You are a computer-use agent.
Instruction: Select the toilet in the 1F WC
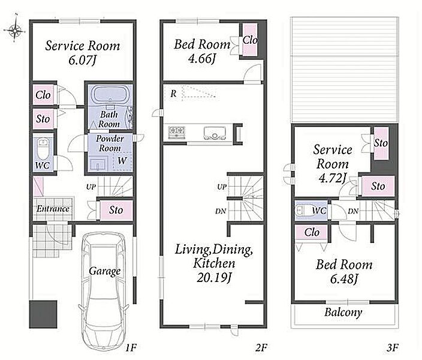click(x=43, y=150)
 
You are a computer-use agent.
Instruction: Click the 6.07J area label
click(x=82, y=60)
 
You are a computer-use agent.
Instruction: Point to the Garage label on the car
click(x=105, y=271)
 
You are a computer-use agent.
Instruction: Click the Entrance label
click(x=53, y=209)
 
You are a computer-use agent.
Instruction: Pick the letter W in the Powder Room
click(x=122, y=161)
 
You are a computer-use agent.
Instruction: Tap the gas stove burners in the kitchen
click(x=177, y=132)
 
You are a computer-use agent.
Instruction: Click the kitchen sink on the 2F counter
click(x=214, y=133)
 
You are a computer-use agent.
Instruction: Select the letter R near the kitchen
click(x=174, y=94)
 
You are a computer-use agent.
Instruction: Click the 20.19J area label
click(x=214, y=278)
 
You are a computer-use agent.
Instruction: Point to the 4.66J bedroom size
click(x=202, y=58)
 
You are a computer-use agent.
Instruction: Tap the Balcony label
click(x=343, y=313)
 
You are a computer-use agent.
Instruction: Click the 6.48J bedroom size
click(x=344, y=279)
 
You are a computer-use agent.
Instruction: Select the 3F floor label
click(x=392, y=348)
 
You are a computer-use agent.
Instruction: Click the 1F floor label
click(x=131, y=348)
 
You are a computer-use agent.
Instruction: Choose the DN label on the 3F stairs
click(x=353, y=211)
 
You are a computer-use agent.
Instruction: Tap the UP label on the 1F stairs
click(x=91, y=187)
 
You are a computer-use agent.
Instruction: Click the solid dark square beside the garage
click(x=43, y=314)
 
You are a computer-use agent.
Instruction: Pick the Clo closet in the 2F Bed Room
click(x=250, y=40)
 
